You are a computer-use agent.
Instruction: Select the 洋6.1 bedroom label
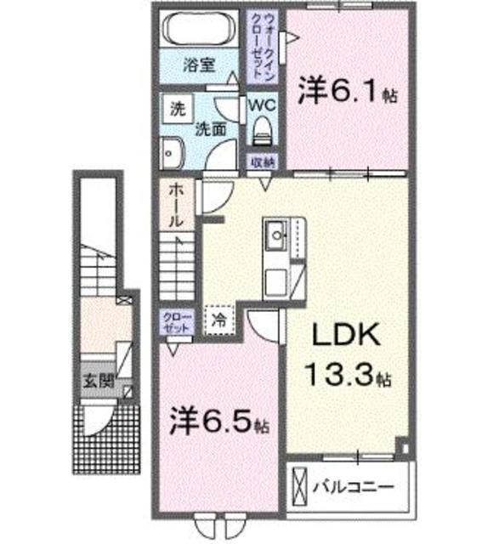(x=349, y=92)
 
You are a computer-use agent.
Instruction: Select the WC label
(x=260, y=105)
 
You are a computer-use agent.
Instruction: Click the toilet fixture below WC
(x=261, y=133)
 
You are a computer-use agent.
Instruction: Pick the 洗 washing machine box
(x=177, y=109)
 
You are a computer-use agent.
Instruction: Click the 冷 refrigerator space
(x=219, y=320)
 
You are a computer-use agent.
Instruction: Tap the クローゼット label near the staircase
(x=174, y=320)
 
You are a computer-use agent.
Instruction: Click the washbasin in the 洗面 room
(x=171, y=153)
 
